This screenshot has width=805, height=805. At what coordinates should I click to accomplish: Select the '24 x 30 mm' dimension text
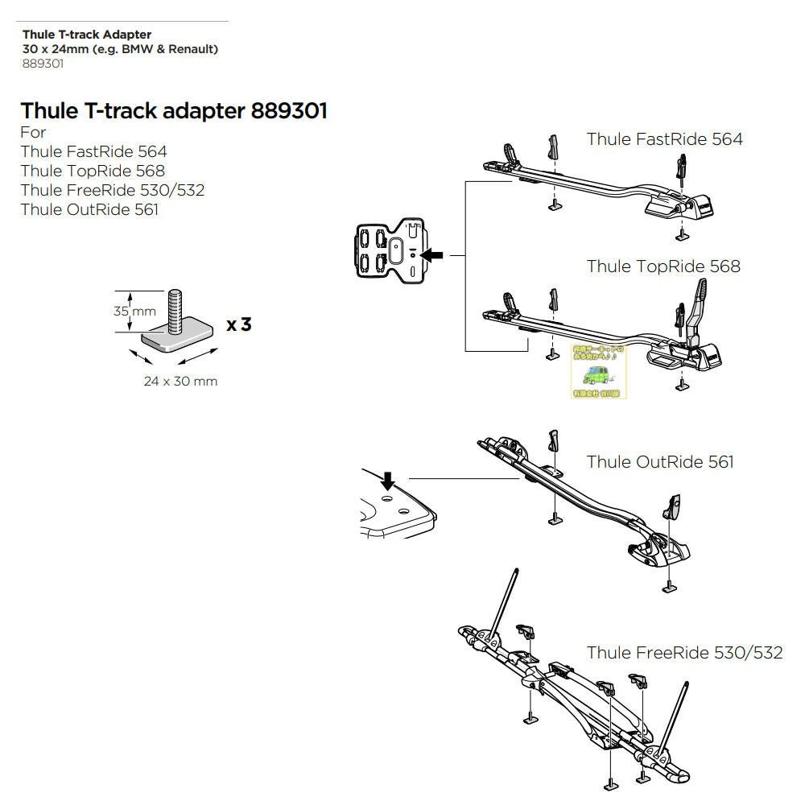tap(180, 381)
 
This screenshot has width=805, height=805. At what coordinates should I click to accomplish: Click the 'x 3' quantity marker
tap(239, 324)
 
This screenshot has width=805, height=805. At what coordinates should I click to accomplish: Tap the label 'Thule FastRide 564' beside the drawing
tap(664, 139)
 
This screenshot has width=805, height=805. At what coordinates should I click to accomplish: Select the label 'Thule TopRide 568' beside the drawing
tap(663, 266)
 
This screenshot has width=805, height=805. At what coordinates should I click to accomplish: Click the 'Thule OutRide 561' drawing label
tap(660, 462)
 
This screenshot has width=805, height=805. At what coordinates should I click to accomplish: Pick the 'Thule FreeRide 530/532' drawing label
tap(684, 653)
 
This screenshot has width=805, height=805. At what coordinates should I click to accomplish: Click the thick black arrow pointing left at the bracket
tap(432, 255)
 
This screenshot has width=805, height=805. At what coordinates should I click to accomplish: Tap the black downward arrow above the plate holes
tap(388, 481)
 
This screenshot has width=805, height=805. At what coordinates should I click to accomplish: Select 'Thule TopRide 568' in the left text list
tap(93, 171)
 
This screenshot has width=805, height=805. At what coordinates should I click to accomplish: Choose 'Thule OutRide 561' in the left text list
tap(89, 209)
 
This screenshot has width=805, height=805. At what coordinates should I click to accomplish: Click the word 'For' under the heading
tap(33, 132)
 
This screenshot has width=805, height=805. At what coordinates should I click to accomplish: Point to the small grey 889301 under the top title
tap(43, 64)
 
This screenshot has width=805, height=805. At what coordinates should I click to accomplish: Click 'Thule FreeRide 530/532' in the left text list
tap(113, 190)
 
